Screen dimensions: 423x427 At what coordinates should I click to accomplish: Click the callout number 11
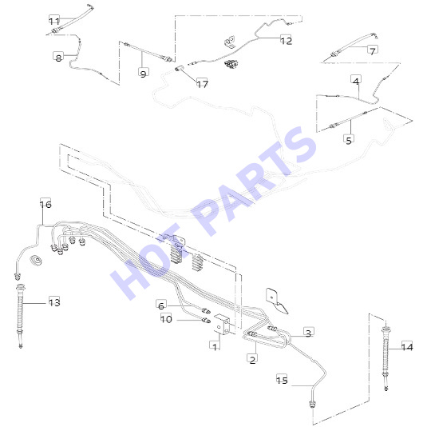(x=54, y=21)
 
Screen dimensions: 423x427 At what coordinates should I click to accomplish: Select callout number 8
(x=58, y=57)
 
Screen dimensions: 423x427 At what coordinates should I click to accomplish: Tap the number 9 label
(x=144, y=73)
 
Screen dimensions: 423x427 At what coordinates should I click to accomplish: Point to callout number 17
(x=202, y=84)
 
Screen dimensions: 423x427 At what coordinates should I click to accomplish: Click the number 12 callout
(x=286, y=40)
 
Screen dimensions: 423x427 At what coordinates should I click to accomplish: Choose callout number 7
(x=373, y=50)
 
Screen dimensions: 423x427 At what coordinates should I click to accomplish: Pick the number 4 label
(x=356, y=80)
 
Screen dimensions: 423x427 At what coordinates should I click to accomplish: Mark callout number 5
(x=349, y=140)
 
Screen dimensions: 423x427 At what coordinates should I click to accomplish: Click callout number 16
(x=45, y=204)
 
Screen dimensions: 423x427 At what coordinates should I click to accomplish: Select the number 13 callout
(x=54, y=302)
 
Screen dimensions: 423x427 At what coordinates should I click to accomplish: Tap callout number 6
(x=161, y=305)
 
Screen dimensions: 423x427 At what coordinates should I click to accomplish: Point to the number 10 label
(x=166, y=318)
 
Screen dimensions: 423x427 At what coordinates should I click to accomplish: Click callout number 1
(x=215, y=347)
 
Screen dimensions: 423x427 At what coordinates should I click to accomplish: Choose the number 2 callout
(x=252, y=360)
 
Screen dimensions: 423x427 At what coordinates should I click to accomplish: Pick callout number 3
(x=309, y=333)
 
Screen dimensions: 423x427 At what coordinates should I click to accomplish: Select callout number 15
(x=282, y=380)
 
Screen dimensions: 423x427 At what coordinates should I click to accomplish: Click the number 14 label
(x=407, y=347)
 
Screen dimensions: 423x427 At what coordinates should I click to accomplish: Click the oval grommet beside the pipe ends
(x=36, y=260)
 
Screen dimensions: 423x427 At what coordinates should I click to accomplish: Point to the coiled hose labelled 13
(x=20, y=316)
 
